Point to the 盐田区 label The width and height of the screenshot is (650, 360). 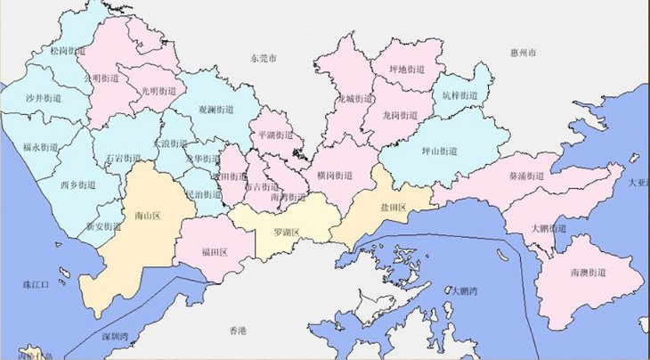[x=393, y=208]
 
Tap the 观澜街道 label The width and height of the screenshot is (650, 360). [x=215, y=110]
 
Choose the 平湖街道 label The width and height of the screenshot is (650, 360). [x=275, y=135]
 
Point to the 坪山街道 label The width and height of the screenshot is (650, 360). [x=439, y=151]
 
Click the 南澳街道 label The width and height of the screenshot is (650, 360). [x=589, y=272]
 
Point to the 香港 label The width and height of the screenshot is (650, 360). [x=237, y=331]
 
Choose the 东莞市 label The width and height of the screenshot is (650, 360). [x=264, y=58]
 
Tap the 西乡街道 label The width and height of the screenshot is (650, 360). [x=77, y=185]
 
